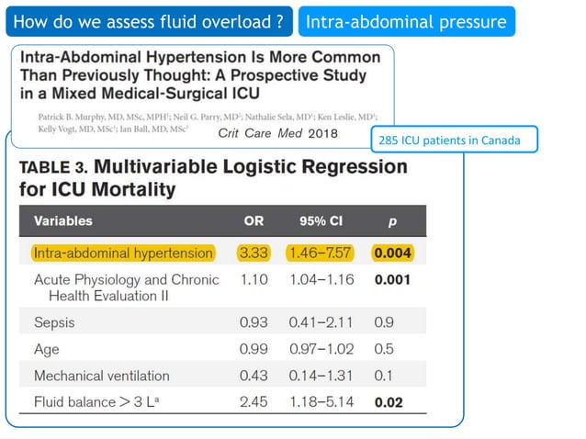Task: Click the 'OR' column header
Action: point(254,221)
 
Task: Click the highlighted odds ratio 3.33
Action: point(254,253)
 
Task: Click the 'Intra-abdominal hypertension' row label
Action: point(123,253)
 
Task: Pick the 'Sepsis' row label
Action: point(54,322)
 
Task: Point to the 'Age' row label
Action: point(47,349)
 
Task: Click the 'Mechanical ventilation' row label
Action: point(101,376)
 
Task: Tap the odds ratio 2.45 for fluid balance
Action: point(254,402)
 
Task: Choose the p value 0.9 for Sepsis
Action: point(384,322)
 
